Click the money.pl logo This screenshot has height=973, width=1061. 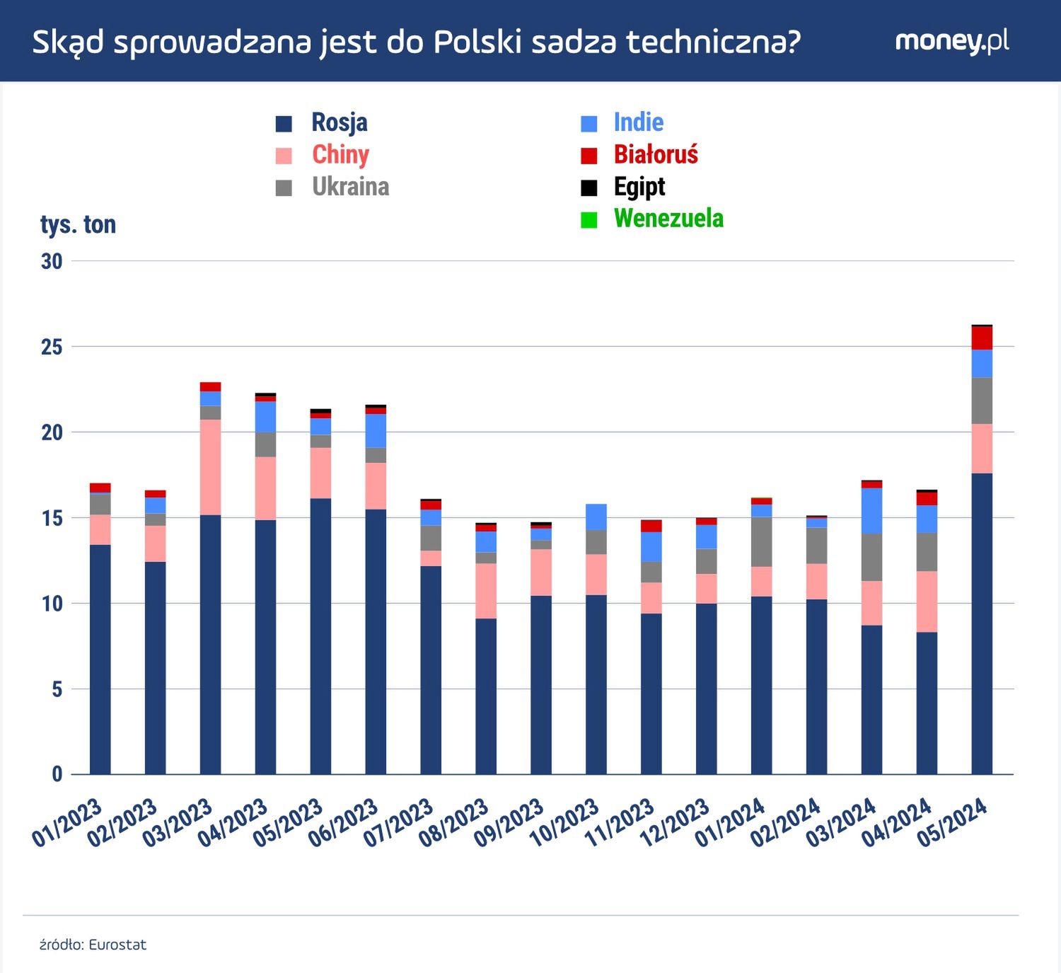[951, 41]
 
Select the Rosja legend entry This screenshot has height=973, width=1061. [339, 122]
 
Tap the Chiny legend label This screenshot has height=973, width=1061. [340, 154]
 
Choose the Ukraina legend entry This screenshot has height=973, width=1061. [350, 187]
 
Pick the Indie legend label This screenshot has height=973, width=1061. [638, 122]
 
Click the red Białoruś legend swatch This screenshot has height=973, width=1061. [589, 155]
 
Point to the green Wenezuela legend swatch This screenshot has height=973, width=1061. [589, 219]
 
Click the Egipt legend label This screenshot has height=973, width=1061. [639, 187]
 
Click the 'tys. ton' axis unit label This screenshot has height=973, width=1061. [78, 224]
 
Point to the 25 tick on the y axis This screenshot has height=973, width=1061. [52, 347]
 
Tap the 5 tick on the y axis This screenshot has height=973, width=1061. [57, 689]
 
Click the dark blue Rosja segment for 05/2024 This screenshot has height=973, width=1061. [982, 623]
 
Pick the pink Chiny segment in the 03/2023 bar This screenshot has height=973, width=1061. [210, 467]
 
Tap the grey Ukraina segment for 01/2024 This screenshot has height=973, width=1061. [761, 541]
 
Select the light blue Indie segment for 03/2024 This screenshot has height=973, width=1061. [871, 510]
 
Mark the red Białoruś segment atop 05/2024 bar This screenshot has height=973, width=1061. [982, 338]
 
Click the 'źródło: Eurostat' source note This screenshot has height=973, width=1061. [93, 945]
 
